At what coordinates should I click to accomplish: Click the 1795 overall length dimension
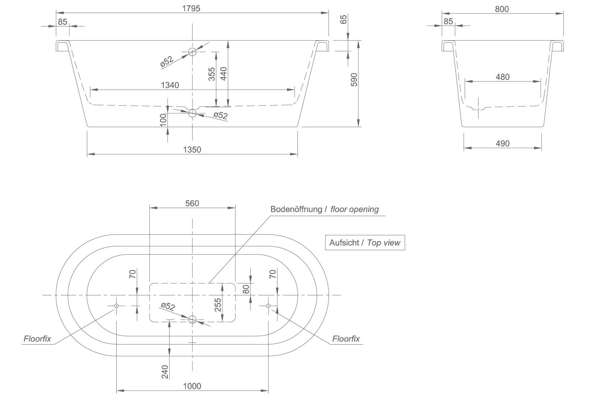[191, 8]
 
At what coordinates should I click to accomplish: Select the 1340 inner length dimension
[170, 85]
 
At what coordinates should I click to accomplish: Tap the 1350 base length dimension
[192, 149]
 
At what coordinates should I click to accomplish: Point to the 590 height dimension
[354, 80]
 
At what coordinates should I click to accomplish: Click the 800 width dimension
[502, 9]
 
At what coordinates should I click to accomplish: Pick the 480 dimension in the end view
[502, 77]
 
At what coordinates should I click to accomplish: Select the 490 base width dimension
[502, 143]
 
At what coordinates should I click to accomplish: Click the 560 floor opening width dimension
[192, 203]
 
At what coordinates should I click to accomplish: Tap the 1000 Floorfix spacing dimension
[192, 386]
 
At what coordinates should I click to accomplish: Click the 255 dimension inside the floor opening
[218, 305]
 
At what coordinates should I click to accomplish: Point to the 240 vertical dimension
[165, 372]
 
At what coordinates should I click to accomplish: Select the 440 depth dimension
[223, 74]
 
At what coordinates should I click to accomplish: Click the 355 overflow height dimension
[212, 74]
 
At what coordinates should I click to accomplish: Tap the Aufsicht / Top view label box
[365, 243]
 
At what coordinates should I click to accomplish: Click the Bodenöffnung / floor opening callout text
[324, 209]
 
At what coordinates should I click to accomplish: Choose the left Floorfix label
[37, 339]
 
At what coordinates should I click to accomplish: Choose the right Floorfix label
[346, 339]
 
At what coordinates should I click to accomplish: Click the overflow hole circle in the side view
[192, 52]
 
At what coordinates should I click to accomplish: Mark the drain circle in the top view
[192, 319]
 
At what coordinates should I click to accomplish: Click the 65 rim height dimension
[344, 19]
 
